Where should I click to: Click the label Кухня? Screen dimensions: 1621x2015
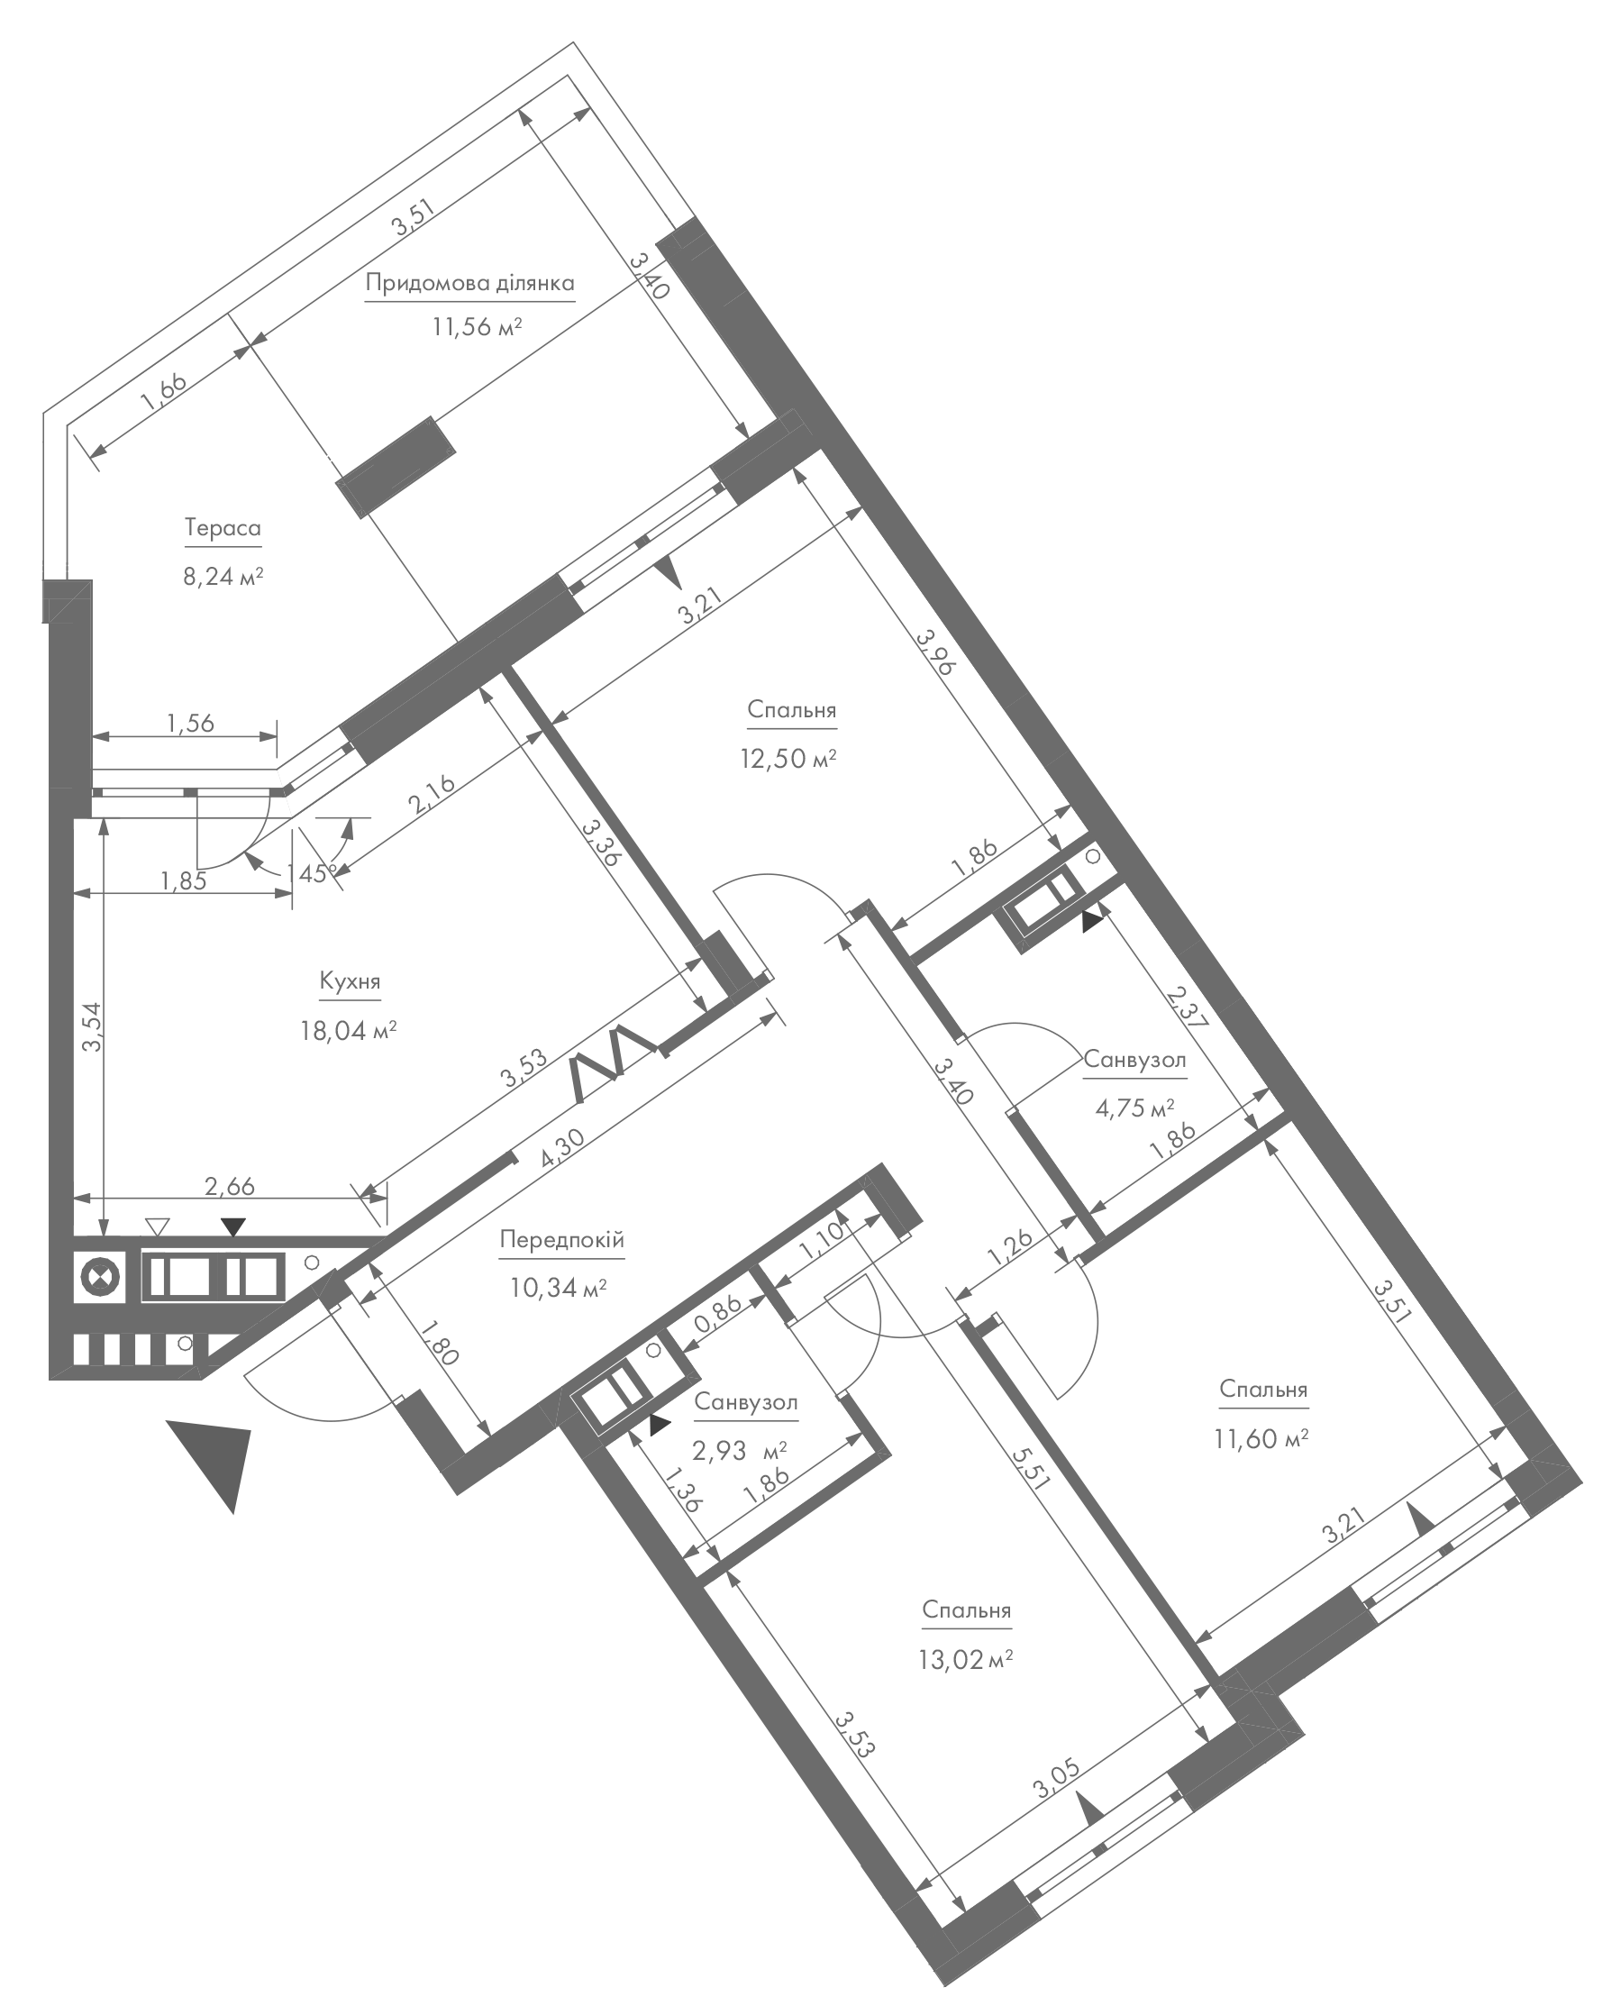pyautogui.click(x=350, y=982)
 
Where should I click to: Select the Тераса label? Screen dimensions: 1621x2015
pyautogui.click(x=223, y=529)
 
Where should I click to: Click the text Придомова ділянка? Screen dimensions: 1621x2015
pyautogui.click(x=469, y=283)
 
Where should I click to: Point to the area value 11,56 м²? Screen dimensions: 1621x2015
pyautogui.click(x=477, y=327)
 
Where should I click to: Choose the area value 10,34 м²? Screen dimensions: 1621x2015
pyautogui.click(x=559, y=1289)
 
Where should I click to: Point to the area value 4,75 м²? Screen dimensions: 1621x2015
pyautogui.click(x=1134, y=1108)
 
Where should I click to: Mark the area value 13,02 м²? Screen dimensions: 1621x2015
pyautogui.click(x=966, y=1659)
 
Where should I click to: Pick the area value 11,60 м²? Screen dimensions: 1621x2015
pyautogui.click(x=1261, y=1438)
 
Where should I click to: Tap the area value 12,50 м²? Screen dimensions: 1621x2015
pyautogui.click(x=788, y=758)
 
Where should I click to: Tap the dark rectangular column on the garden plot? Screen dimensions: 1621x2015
pyautogui.click(x=396, y=467)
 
